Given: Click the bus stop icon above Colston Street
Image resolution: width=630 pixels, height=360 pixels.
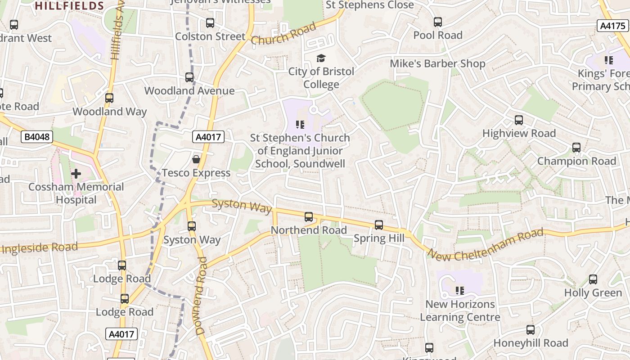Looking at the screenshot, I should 210,23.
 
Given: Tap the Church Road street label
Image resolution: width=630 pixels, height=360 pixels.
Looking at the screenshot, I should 283,34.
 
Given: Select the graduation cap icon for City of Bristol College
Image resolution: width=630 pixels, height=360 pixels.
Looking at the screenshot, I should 321,58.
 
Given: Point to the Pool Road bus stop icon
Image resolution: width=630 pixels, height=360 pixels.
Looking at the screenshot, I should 438,22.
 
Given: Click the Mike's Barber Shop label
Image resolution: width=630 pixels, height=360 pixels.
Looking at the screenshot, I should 437,63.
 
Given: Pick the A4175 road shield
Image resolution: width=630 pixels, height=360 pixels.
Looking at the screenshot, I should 613,26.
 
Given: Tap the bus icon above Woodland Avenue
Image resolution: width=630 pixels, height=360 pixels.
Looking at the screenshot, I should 189,77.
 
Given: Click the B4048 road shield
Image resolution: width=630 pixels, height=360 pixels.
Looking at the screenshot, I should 37,137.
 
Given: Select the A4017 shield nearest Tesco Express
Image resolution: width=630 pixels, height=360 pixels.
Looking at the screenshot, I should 208,137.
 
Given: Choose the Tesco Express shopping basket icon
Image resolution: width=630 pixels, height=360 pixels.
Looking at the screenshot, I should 196,159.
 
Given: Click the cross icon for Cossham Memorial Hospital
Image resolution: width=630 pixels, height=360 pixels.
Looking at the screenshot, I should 76,173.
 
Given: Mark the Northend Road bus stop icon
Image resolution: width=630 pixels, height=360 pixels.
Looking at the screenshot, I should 309,217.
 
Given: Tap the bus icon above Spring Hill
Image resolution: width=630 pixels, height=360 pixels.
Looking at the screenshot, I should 379,225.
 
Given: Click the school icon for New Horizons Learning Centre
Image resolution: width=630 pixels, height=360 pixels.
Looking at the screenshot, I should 459,291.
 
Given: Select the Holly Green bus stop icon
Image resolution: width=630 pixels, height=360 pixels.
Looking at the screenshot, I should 593,279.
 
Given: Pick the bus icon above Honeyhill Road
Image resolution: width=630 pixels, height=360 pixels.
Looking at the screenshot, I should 531,330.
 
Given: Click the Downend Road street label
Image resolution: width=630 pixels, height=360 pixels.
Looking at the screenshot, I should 201,296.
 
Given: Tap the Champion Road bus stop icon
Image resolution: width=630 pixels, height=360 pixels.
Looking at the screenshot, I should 576,148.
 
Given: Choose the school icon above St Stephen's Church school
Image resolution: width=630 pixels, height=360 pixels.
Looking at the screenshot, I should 300,125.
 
